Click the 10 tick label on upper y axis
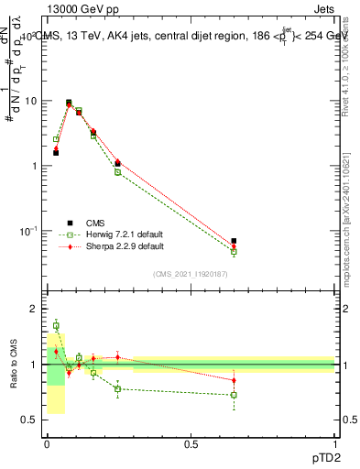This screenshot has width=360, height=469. (30, 101)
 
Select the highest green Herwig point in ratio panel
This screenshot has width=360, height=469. (56, 325)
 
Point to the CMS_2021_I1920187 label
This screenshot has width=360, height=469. (190, 274)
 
